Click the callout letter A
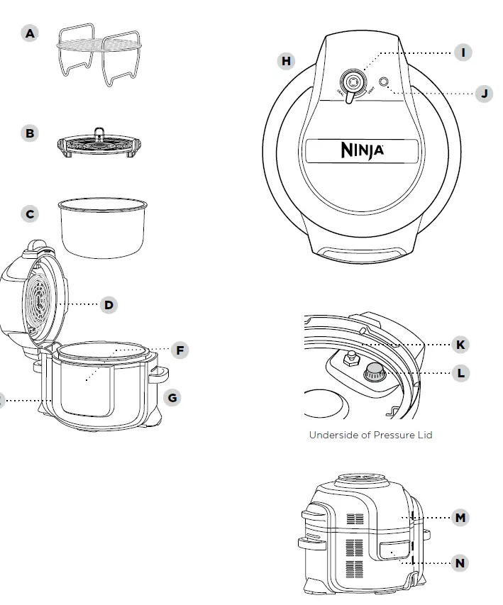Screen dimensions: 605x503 29,33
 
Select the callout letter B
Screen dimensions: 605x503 29,133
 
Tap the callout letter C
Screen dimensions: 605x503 29,213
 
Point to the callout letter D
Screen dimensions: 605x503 109,305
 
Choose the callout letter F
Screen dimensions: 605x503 179,350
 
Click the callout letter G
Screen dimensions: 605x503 172,397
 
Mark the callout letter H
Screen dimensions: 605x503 286,61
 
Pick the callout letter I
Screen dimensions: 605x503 463,52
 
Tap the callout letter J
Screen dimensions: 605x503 484,93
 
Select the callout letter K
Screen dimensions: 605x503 460,345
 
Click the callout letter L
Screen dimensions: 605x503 460,373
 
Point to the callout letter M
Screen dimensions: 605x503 460,518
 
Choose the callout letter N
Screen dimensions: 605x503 460,563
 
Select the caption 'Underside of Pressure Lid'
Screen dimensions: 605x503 370,435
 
